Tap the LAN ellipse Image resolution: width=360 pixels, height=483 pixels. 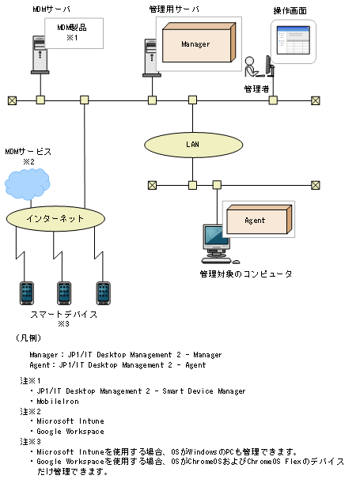[192, 145]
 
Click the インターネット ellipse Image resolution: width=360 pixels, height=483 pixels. [55, 217]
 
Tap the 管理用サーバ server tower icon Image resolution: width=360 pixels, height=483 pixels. [150, 55]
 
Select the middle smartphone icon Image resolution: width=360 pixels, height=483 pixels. [64, 292]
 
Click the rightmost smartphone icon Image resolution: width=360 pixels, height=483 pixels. [101, 292]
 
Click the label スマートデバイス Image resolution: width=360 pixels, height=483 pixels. [64, 314]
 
